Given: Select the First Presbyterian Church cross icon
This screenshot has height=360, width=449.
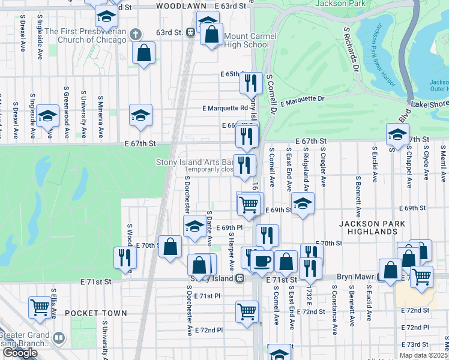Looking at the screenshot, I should [136, 34].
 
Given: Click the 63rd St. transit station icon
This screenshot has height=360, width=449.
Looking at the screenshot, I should [190, 32].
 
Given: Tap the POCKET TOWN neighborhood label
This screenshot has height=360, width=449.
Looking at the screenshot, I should [96, 313].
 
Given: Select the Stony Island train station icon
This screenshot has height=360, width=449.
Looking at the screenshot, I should [240, 278].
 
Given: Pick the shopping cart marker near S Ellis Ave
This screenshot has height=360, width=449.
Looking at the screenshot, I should [40, 307].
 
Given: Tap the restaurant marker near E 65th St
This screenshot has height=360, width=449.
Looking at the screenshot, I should [251, 83].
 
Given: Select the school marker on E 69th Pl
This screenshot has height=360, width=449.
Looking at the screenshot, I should [194, 226].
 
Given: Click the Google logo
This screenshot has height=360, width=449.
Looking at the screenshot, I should [20, 353].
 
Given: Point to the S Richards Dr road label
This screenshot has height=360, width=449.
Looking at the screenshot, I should [351, 50].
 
